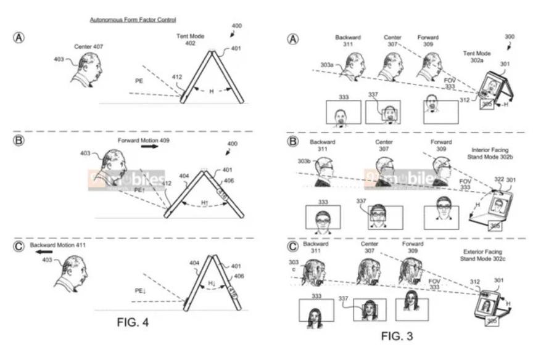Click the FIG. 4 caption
point(133,322)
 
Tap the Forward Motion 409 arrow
point(151,148)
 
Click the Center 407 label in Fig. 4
point(88,46)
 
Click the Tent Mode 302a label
point(478,57)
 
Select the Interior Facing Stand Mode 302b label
point(489,153)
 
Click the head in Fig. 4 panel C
point(73,272)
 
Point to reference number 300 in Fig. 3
point(509,36)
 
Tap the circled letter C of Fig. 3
point(294,248)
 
